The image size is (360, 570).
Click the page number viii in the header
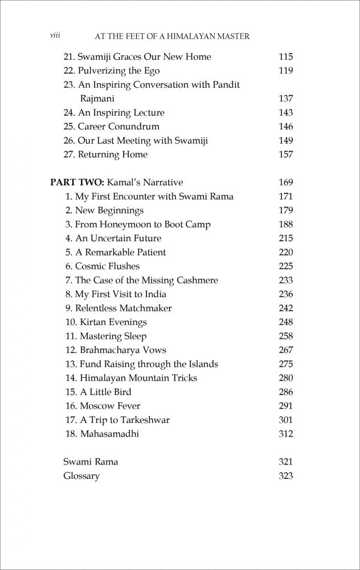55,35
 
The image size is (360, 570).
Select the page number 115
285,57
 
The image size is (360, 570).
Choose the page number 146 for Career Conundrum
285,127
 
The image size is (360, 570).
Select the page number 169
285,182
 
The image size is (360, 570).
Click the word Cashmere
195,280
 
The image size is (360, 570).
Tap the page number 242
285,308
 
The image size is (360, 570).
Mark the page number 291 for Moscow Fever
285,406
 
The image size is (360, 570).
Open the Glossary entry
81,476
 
